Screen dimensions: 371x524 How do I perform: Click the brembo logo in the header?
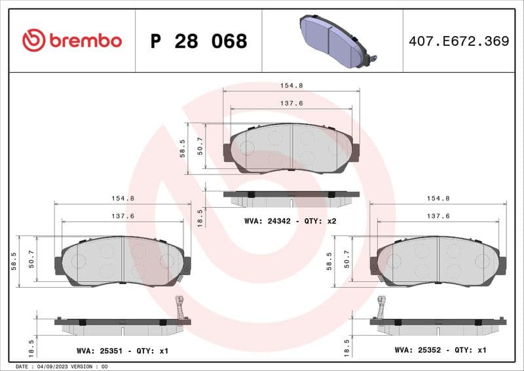point(72,41)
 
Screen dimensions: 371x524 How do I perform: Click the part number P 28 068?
point(198,41)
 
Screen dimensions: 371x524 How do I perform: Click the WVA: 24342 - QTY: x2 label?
point(290,222)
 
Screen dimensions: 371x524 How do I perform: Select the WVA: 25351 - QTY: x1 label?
point(122,351)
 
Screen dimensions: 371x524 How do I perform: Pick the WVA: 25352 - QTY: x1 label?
point(440,351)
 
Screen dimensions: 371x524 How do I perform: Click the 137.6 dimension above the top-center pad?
point(291,104)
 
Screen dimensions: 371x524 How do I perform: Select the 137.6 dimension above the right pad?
point(438,216)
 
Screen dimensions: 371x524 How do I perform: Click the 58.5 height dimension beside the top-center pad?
point(183,148)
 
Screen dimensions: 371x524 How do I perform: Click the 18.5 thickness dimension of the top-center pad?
point(200,216)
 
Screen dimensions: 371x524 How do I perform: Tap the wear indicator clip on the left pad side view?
point(179,308)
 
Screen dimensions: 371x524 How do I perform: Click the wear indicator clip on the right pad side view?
point(382,308)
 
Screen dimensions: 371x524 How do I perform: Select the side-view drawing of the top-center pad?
point(291,195)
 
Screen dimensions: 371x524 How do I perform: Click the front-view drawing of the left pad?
point(122,261)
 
